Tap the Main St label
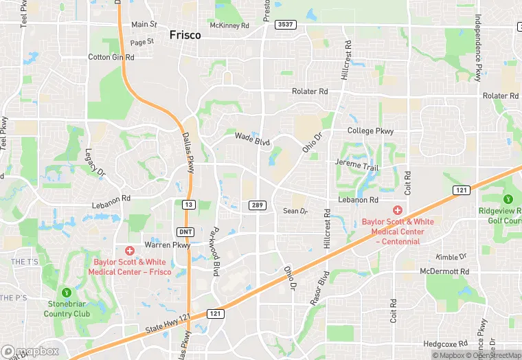pyautogui.click(x=144, y=25)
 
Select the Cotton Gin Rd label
pyautogui.click(x=111, y=58)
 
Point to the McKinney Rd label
pyautogui.click(x=229, y=26)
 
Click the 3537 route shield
pyautogui.click(x=285, y=25)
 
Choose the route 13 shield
pyautogui.click(x=188, y=204)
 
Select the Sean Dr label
pyautogui.click(x=295, y=211)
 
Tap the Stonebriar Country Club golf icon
pyautogui.click(x=67, y=292)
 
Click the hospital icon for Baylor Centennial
pyautogui.click(x=396, y=210)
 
